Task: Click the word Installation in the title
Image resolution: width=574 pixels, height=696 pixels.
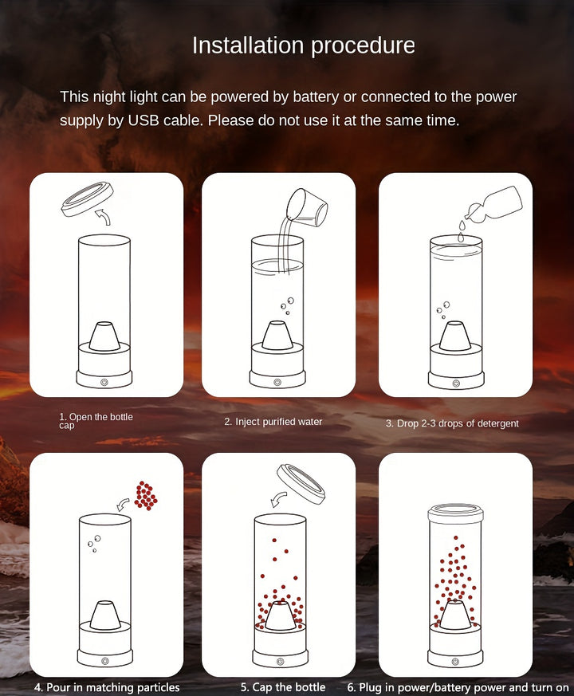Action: (x=247, y=45)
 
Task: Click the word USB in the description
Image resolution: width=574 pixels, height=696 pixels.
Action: (x=143, y=120)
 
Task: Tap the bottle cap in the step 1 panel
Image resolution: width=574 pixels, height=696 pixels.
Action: (x=87, y=199)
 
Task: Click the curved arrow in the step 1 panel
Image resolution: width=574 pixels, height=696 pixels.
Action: (x=104, y=216)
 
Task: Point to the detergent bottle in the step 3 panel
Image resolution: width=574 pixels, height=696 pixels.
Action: (x=494, y=204)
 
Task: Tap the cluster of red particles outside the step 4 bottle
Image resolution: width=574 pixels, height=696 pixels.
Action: (x=146, y=495)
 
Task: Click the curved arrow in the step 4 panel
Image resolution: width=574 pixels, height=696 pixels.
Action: (x=123, y=504)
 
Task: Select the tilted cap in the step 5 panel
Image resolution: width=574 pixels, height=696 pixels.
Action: (x=301, y=483)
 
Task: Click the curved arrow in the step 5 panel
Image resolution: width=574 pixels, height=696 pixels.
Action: (x=278, y=498)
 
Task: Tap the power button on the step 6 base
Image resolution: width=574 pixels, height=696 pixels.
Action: (x=454, y=662)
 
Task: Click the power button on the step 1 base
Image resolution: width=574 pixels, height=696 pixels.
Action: (x=104, y=382)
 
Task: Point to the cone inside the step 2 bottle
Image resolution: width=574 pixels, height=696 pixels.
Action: (x=277, y=335)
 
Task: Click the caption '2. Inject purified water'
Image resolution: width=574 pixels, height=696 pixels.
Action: (x=273, y=422)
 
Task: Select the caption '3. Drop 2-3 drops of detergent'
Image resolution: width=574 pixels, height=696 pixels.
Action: (x=452, y=423)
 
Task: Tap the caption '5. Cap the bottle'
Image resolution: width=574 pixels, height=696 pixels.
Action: (x=283, y=687)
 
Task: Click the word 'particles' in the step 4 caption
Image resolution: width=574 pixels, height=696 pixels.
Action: (x=158, y=687)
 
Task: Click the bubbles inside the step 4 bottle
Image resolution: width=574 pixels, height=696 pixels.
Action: (x=94, y=543)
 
